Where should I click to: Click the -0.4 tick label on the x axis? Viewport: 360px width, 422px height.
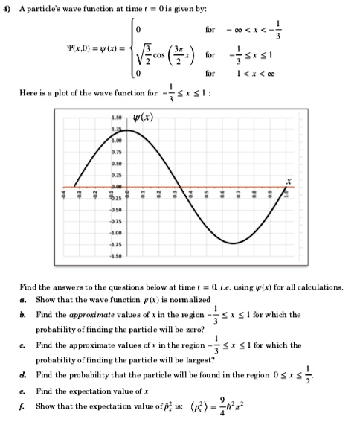63,194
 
